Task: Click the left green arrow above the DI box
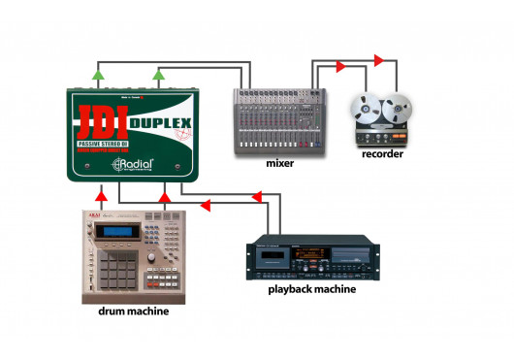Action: (x=98, y=74)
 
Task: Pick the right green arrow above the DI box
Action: (x=159, y=74)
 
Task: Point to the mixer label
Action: (x=279, y=163)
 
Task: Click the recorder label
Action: (x=381, y=153)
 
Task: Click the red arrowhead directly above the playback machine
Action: (x=257, y=197)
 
